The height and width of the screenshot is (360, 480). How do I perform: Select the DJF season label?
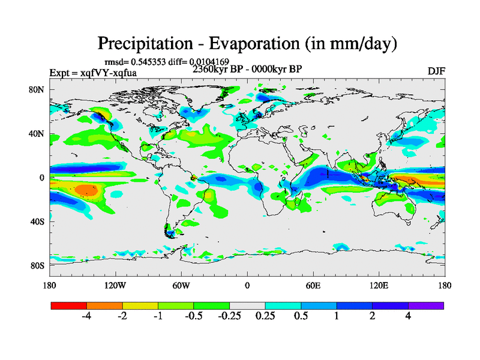[x=436, y=71]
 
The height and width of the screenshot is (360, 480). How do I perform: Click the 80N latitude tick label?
[x=37, y=89]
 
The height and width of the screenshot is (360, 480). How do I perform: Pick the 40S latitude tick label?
[x=37, y=221]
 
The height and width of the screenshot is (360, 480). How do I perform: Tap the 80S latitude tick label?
[x=37, y=265]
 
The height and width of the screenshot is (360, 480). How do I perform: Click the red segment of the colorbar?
[x=69, y=305]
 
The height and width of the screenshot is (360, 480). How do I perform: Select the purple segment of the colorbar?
[x=426, y=305]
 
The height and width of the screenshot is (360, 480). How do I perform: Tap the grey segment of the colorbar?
[x=247, y=305]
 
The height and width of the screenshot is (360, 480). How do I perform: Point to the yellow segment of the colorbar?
[x=140, y=305]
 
